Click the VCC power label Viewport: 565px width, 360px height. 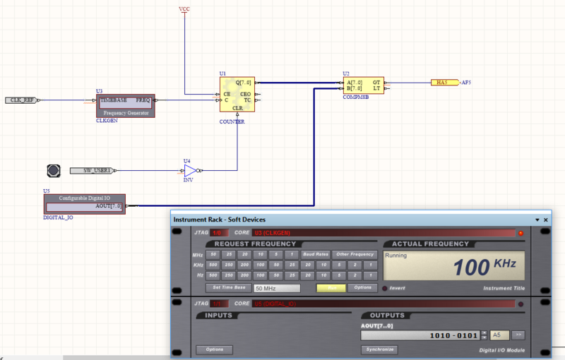[x=184, y=9]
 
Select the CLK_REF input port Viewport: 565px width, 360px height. [x=20, y=100]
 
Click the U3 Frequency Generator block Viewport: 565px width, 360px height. [x=125, y=106]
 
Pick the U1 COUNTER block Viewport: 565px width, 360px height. [x=237, y=97]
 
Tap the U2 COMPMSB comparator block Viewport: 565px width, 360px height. [x=363, y=85]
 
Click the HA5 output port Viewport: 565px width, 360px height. [x=444, y=83]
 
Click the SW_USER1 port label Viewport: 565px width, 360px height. [x=93, y=171]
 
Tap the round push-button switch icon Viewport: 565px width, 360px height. [x=53, y=170]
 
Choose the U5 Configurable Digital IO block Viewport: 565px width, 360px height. [x=84, y=203]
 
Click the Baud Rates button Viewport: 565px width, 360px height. [x=315, y=254]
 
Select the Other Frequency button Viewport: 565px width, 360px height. [x=355, y=254]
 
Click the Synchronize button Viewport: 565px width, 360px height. [x=379, y=349]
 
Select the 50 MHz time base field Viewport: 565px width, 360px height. [x=277, y=288]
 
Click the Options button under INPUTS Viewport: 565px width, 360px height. [x=214, y=349]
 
